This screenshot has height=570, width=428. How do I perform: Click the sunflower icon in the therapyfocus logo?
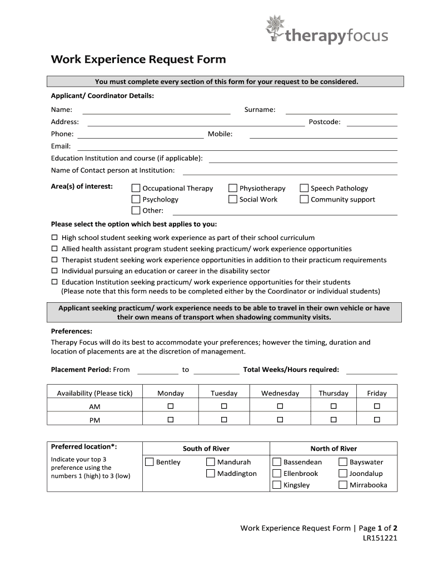tap(275, 28)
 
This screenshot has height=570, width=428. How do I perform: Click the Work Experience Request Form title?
tap(138, 59)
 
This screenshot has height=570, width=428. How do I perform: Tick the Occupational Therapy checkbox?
tap(136, 188)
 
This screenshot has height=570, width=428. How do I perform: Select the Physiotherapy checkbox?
tap(232, 188)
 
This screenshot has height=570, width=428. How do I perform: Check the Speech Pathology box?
tap(304, 188)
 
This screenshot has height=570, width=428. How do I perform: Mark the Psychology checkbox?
tap(136, 199)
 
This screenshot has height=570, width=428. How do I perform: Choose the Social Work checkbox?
tap(232, 199)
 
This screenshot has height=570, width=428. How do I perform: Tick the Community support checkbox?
tap(304, 199)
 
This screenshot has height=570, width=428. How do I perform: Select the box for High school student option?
tap(54, 238)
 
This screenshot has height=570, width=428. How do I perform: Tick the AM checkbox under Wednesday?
tap(280, 406)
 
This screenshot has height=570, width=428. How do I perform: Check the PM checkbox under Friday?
tap(377, 419)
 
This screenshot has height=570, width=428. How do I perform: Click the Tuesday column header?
tap(224, 393)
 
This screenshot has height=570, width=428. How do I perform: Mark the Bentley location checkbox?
tap(150, 462)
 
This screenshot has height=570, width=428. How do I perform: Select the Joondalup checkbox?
tap(343, 474)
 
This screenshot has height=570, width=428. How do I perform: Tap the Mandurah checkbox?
tap(211, 462)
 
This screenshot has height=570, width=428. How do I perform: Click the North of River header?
tap(334, 449)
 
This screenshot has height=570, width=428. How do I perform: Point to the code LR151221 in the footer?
tap(380, 538)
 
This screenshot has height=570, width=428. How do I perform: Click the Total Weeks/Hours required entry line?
tap(372, 372)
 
